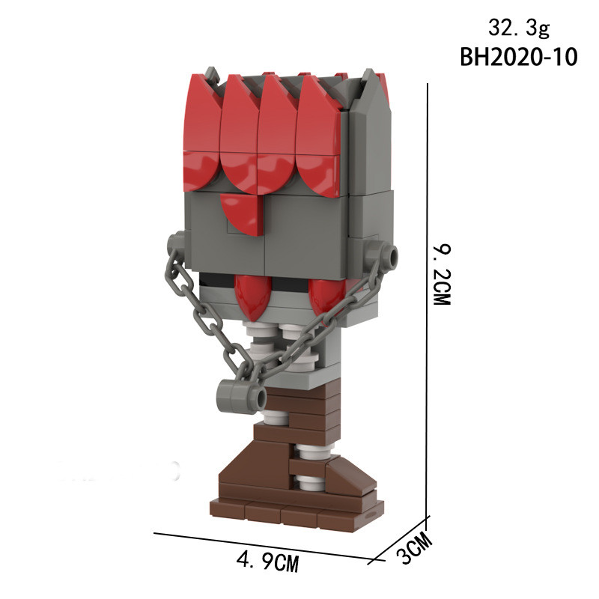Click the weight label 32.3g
tap(518, 28)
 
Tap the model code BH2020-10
tap(518, 58)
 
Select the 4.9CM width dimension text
tap(267, 562)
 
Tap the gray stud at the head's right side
tap(389, 255)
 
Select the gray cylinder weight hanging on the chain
tap(241, 398)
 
